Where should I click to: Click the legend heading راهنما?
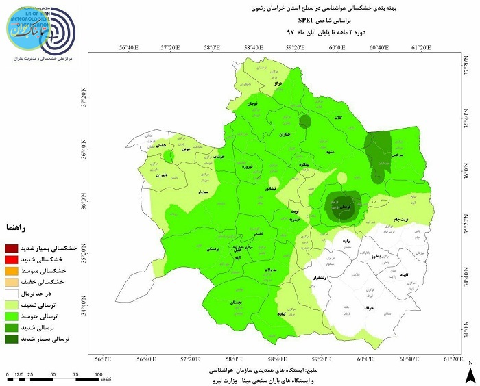point(15,226)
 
